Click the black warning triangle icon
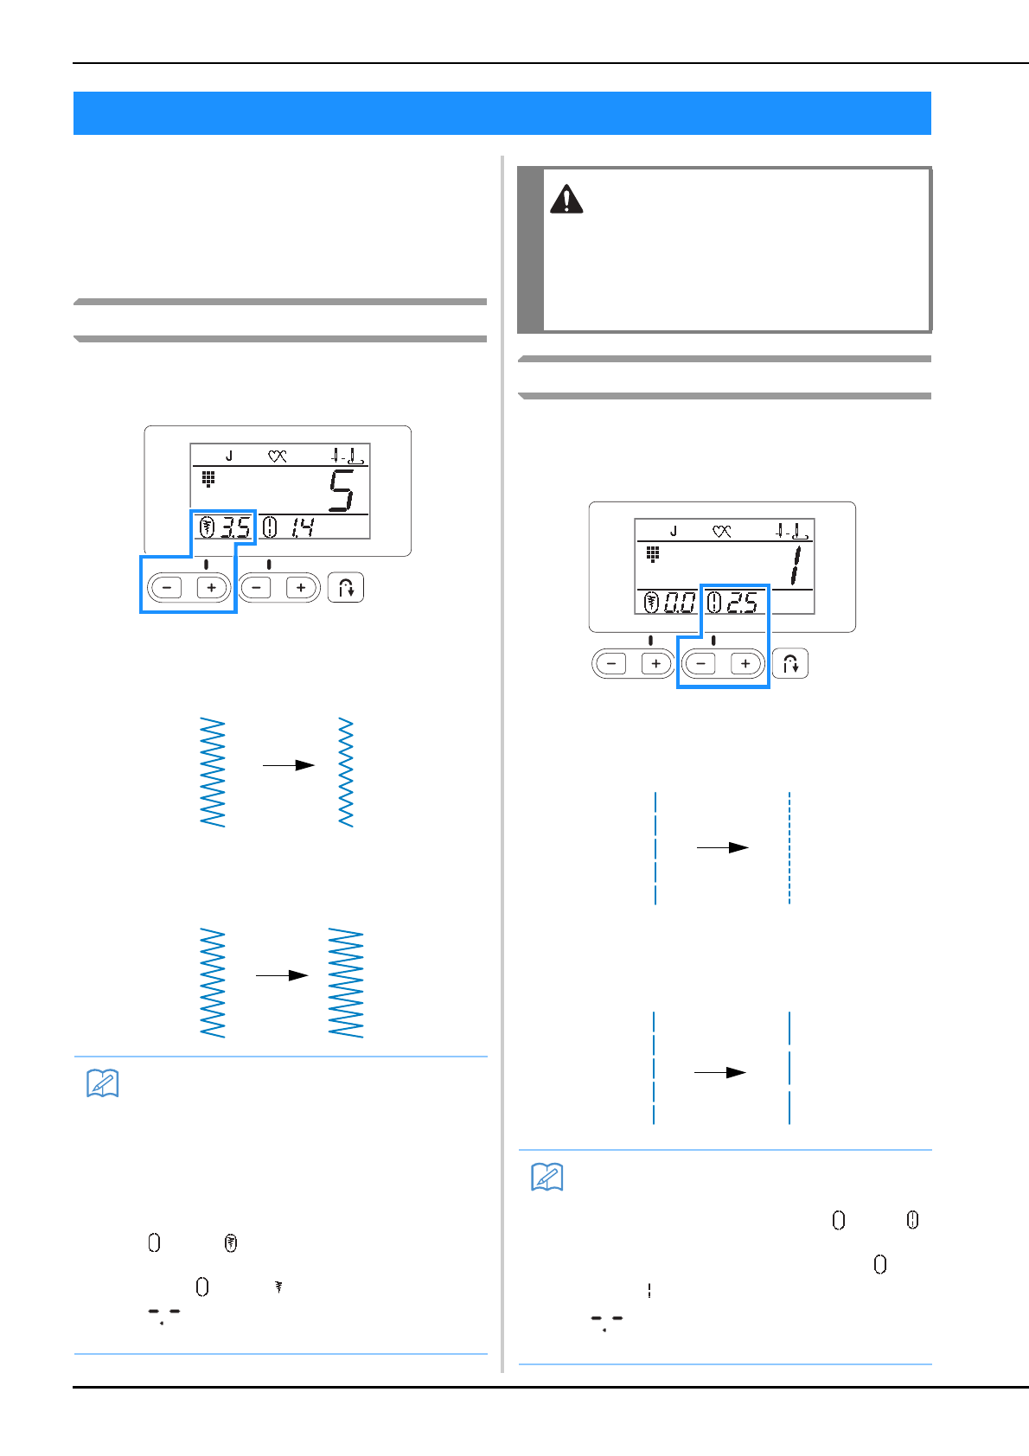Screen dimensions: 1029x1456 (566, 200)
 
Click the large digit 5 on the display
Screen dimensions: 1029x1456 (341, 490)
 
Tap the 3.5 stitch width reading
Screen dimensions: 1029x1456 (234, 527)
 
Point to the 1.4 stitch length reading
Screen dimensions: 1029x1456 (303, 527)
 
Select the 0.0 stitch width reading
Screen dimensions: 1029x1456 (680, 603)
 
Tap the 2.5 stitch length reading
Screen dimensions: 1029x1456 (742, 603)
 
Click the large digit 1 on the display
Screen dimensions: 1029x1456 (795, 565)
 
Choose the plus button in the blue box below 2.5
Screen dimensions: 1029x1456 (745, 664)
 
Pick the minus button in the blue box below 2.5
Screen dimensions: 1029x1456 (700, 664)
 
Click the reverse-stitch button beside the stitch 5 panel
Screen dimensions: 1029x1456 (346, 588)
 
